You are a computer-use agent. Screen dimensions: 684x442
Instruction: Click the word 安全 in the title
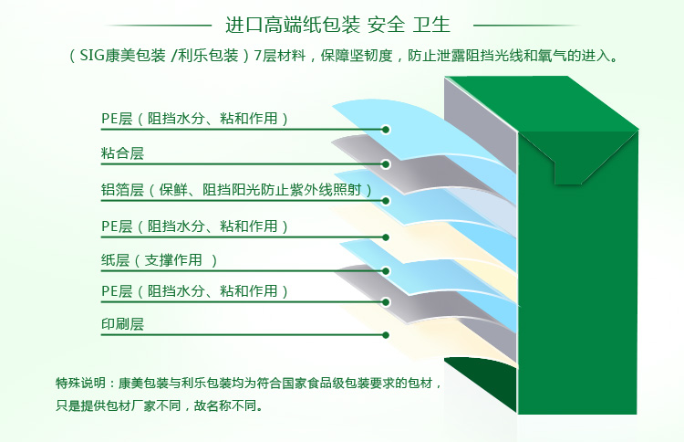coord(386,25)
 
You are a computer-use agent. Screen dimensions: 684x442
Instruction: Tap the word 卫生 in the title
coord(431,25)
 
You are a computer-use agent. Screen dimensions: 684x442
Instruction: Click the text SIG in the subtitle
coord(92,56)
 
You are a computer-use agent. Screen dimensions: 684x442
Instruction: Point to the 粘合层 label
coord(122,153)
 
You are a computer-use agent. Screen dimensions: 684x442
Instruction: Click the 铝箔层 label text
coord(122,190)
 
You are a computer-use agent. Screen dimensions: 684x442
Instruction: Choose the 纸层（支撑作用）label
coord(160,260)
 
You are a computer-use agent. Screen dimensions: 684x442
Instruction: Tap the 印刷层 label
coord(122,324)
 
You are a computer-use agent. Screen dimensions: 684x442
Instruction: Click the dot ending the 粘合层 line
coord(385,164)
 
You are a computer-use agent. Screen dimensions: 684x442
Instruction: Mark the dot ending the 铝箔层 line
coord(386,201)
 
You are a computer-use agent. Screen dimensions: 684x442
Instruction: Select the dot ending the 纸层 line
coord(386,271)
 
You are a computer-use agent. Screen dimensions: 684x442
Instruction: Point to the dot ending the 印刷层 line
coord(386,335)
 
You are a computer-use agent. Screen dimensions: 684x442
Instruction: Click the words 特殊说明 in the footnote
coord(80,383)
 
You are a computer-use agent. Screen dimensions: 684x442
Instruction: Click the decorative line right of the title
coord(527,26)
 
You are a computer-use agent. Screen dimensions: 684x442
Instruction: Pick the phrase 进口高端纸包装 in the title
coord(292,25)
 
